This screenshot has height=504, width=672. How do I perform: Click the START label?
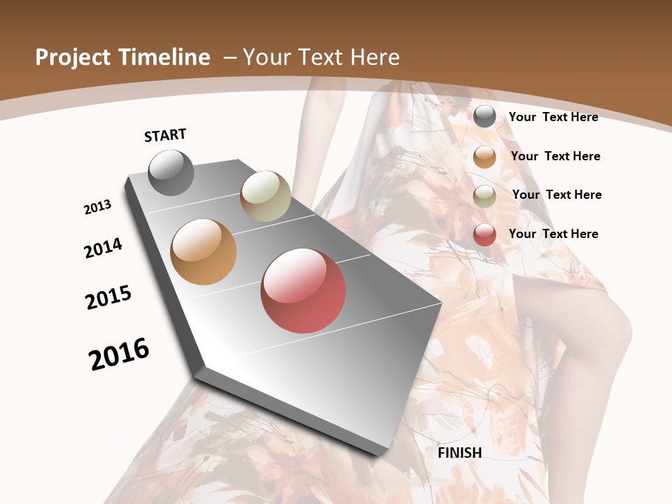(165, 135)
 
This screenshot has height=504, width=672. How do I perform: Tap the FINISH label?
(460, 453)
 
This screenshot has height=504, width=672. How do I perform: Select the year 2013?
(97, 207)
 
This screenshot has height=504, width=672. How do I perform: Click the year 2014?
(103, 248)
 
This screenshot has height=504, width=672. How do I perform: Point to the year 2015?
(108, 297)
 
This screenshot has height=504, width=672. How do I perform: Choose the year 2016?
(119, 354)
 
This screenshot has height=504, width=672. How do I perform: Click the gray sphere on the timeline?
(171, 172)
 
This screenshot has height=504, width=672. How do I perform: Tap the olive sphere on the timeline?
(265, 196)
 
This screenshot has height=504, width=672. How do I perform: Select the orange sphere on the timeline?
(203, 252)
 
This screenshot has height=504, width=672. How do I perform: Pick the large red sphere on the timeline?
(303, 290)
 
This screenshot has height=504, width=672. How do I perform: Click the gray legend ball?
(484, 116)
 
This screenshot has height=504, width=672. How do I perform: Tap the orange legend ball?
(484, 157)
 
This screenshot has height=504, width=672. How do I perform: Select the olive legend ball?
(484, 196)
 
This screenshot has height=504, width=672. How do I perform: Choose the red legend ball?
(484, 234)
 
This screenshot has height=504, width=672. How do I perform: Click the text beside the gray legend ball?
(553, 117)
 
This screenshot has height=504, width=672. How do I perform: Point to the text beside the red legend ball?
(553, 234)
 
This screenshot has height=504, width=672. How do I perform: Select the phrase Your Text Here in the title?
(321, 57)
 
